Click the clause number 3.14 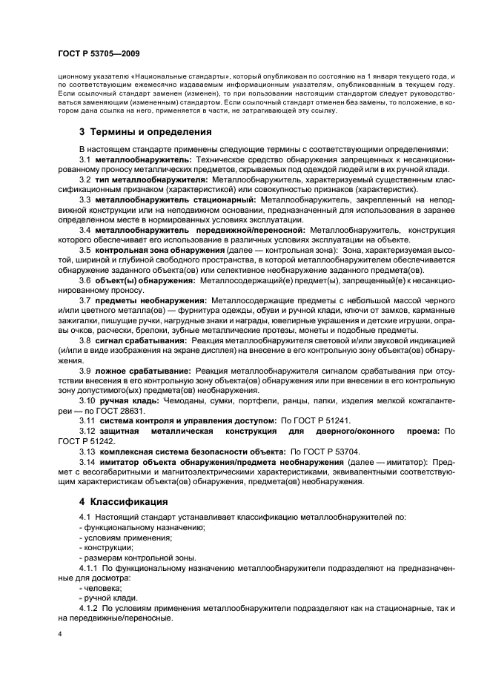point(86,460)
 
